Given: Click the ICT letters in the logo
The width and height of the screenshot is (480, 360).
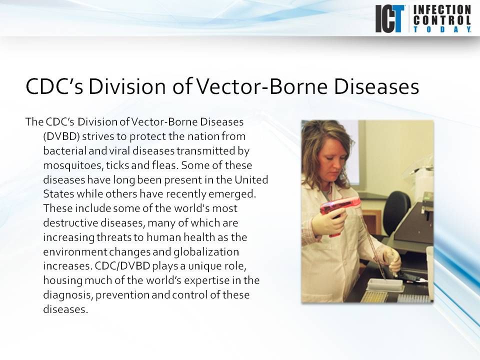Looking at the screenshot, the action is (x=389, y=19).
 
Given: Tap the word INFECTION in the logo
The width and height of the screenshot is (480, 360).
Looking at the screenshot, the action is (x=442, y=10).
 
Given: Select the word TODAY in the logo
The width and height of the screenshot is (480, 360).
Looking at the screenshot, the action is (x=442, y=29).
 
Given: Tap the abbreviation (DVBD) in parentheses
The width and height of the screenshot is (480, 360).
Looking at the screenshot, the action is (x=61, y=136).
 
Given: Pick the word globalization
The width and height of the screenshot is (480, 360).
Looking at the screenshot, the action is (x=206, y=252).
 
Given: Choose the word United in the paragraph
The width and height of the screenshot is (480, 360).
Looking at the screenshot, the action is (x=251, y=179).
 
